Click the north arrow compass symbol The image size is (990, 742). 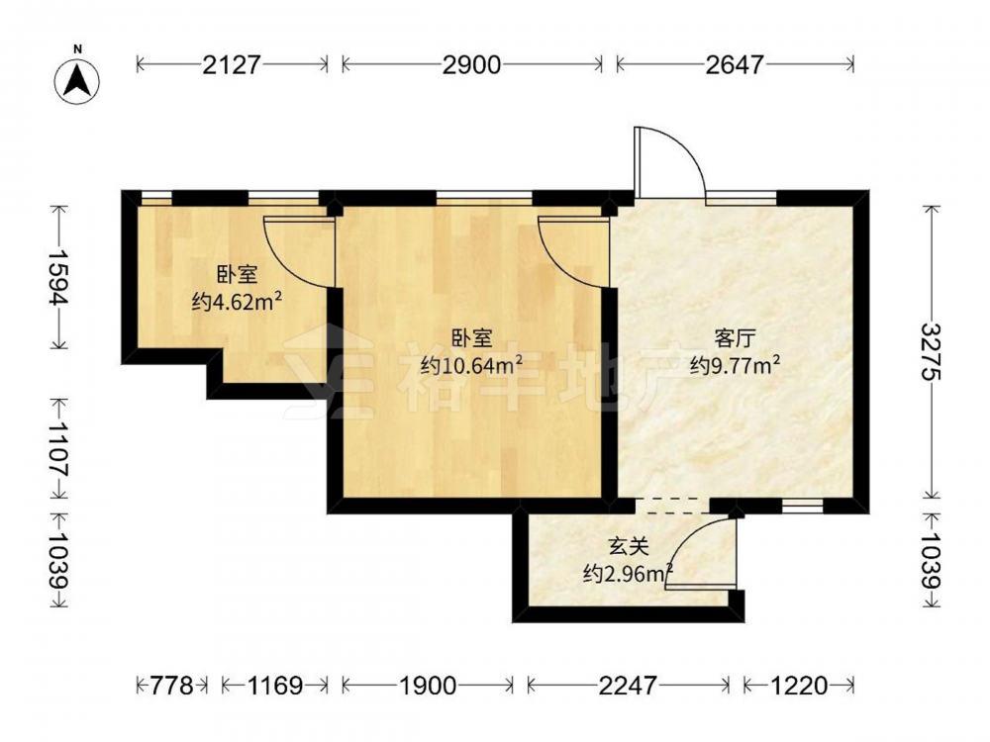[x=77, y=81]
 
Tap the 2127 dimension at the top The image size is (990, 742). [x=232, y=64]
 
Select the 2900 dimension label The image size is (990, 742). [x=471, y=64]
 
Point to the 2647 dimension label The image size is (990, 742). [x=735, y=64]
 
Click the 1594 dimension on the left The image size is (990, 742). [x=58, y=277]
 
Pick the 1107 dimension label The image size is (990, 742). [x=58, y=448]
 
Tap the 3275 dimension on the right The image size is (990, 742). [x=931, y=351]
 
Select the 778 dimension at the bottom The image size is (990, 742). [x=171, y=685]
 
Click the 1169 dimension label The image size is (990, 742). [x=274, y=685]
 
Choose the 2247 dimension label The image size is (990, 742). [x=629, y=685]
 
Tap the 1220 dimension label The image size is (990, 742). [x=798, y=685]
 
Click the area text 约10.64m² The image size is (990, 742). [x=471, y=364]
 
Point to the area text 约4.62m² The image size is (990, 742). [x=237, y=302]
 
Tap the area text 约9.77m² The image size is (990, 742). [x=735, y=365]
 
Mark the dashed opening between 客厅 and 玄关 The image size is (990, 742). [x=672, y=506]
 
